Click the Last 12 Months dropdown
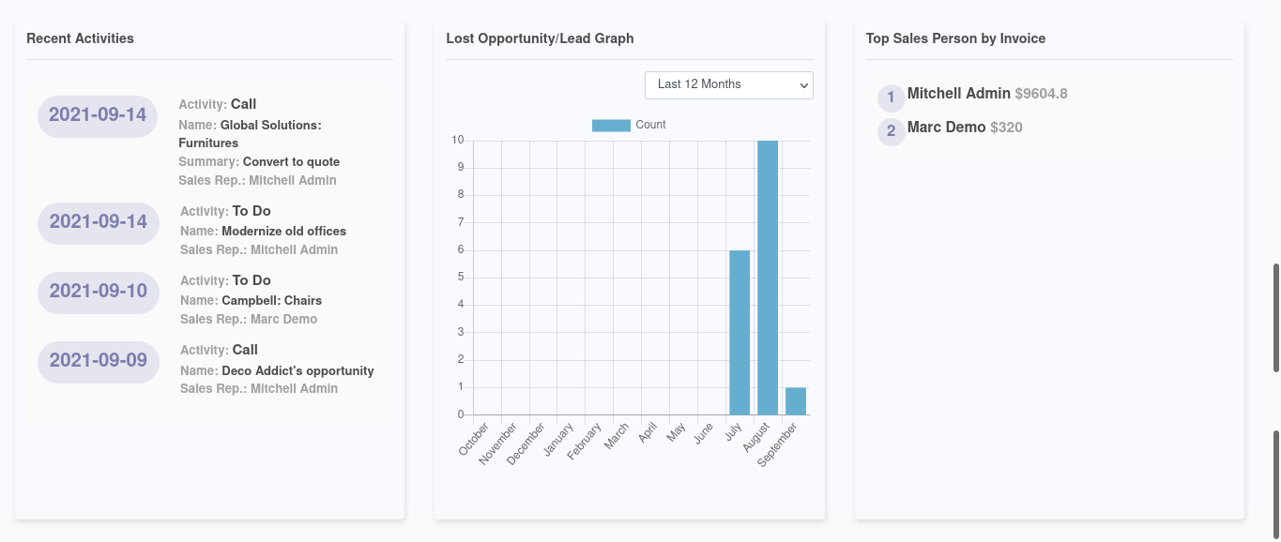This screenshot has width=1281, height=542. tap(728, 84)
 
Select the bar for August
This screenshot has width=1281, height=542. tap(768, 278)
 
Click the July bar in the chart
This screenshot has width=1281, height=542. tap(740, 333)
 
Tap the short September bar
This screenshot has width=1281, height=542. tap(796, 401)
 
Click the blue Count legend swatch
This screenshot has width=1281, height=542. tap(611, 125)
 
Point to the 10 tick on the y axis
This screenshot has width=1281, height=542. tap(458, 141)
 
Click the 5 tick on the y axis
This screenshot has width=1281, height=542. tap(460, 278)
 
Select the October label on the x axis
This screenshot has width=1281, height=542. tap(474, 439)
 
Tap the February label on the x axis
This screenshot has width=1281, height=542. tap(584, 442)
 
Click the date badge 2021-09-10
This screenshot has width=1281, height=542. tap(99, 292)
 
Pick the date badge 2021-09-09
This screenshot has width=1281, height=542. tap(99, 361)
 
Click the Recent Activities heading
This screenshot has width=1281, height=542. tap(80, 38)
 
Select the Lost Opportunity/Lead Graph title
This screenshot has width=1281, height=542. tap(540, 38)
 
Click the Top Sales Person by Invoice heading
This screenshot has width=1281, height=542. tap(955, 38)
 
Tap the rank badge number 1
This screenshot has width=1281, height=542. tap(891, 98)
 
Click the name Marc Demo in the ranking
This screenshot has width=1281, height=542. tap(946, 128)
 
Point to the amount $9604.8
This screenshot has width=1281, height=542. tap(1041, 94)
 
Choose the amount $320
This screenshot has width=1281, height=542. tap(1006, 128)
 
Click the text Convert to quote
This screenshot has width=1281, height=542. tap(291, 161)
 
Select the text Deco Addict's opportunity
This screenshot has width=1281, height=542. tap(297, 370)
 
